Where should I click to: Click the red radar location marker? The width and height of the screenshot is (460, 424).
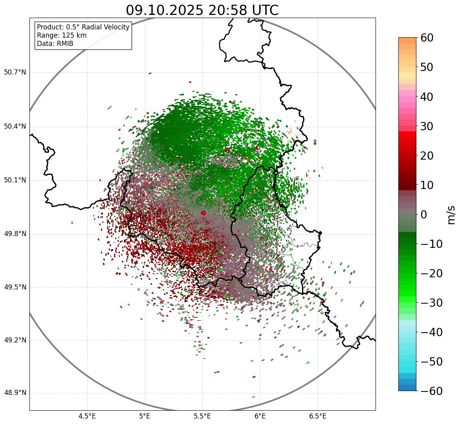pyautogui.click(x=203, y=213)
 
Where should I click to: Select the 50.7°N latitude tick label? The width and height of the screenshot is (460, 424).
pyautogui.click(x=15, y=72)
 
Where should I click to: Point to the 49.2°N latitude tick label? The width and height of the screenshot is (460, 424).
pyautogui.click(x=15, y=340)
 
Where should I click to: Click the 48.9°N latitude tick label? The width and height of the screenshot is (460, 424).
pyautogui.click(x=15, y=393)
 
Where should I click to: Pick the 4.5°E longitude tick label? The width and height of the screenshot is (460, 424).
pyautogui.click(x=87, y=416)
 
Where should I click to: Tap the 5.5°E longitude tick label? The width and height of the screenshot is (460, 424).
pyautogui.click(x=202, y=416)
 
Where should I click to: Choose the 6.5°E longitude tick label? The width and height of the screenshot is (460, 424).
pyautogui.click(x=317, y=416)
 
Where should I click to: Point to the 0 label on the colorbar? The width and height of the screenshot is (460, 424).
pyautogui.click(x=424, y=215)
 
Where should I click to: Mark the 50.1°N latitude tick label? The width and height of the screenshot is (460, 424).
pyautogui.click(x=15, y=180)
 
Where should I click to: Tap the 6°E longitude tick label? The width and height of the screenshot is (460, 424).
pyautogui.click(x=260, y=416)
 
